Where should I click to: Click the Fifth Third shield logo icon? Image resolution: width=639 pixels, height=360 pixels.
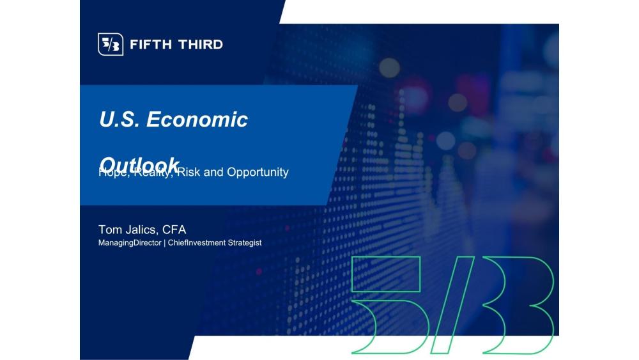110,44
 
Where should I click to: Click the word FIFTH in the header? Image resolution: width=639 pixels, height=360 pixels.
151,45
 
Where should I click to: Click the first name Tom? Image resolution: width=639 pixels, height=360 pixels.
109,230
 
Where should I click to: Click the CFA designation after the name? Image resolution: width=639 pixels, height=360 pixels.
174,230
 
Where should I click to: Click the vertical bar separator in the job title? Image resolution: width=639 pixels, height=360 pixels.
164,243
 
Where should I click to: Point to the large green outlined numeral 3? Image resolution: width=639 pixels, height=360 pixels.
518,304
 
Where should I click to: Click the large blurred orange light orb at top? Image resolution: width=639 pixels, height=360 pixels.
389,67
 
